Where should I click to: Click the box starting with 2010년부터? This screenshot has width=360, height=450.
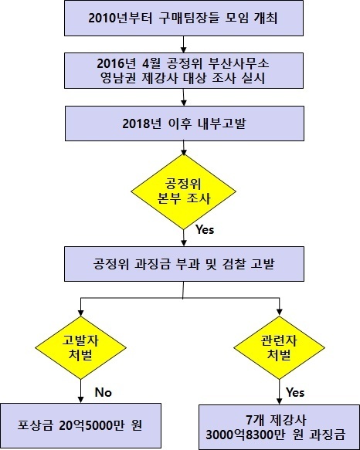tap(184, 18)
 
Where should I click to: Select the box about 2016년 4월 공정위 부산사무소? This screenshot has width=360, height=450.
tap(184, 70)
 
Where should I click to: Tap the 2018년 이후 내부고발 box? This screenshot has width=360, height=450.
tap(185, 123)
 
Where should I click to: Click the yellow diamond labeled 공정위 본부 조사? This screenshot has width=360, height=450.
tap(184, 191)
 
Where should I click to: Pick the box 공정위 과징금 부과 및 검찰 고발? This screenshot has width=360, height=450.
tap(184, 264)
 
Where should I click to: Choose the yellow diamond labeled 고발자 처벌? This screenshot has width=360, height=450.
tap(81, 348)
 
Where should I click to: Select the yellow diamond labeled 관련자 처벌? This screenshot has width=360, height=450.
tap(279, 348)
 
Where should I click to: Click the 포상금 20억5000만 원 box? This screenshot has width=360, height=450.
tap(81, 425)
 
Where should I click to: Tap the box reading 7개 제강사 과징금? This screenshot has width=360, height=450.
tap(279, 427)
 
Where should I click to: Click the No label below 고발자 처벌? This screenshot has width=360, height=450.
tap(104, 392)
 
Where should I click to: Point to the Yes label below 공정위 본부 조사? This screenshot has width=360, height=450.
tap(205, 229)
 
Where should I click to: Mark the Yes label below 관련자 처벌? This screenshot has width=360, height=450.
tap(295, 392)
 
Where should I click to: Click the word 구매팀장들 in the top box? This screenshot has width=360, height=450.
tap(188, 18)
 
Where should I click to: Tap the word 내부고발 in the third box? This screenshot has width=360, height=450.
tap(222, 123)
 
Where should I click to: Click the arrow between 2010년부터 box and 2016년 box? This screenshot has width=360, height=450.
tap(184, 45)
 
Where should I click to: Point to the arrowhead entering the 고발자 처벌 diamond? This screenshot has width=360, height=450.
tap(81, 313)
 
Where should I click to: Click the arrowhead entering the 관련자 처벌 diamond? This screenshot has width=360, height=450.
tap(279, 313)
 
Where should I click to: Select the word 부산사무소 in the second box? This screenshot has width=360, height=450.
tap(239, 63)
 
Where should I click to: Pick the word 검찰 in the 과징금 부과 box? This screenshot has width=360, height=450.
tap(233, 264)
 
